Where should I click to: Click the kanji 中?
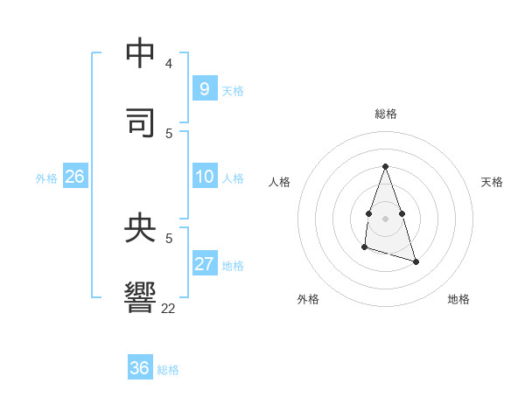(140, 52)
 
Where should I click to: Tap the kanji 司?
(140, 122)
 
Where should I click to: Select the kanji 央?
(140, 227)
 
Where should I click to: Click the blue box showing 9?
(204, 88)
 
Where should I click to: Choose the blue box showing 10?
(204, 177)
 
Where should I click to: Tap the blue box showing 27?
(204, 264)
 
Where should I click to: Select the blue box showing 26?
(74, 177)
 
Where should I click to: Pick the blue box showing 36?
(140, 368)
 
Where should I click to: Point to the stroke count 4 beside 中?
(169, 64)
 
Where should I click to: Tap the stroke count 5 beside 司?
(169, 133)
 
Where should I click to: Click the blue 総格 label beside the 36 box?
(168, 370)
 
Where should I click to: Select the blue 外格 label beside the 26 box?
(46, 178)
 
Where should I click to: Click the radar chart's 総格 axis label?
(386, 114)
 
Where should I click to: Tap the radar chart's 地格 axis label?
(458, 299)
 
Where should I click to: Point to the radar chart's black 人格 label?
(279, 182)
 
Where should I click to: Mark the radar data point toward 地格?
(416, 261)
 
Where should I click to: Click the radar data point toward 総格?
(386, 166)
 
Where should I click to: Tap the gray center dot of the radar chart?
(386, 218)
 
